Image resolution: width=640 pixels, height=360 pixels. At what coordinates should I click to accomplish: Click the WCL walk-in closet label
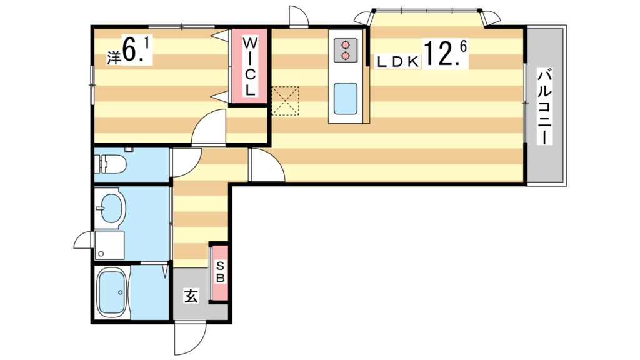(x=249, y=66)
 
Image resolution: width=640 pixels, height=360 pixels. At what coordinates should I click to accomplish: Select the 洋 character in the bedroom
(x=113, y=57)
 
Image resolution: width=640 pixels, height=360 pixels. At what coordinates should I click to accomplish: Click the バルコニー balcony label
(x=544, y=106)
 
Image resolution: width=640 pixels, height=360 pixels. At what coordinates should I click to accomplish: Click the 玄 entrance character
(x=190, y=296)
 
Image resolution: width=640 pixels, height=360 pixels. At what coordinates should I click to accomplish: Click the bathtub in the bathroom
(x=114, y=294)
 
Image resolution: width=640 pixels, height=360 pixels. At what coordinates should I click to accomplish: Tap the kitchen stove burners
(x=344, y=50)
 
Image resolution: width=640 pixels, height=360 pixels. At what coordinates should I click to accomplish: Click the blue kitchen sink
(x=345, y=98)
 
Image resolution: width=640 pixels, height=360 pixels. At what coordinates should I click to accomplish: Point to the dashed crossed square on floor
(x=286, y=101)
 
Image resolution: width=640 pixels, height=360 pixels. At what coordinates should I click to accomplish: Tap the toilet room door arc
(x=186, y=162)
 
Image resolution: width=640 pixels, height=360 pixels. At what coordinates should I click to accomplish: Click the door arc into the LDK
(x=266, y=166)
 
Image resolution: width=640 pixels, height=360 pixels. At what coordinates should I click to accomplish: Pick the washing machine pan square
(x=109, y=245)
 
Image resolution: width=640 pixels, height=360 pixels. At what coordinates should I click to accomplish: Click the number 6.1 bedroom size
(x=136, y=50)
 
